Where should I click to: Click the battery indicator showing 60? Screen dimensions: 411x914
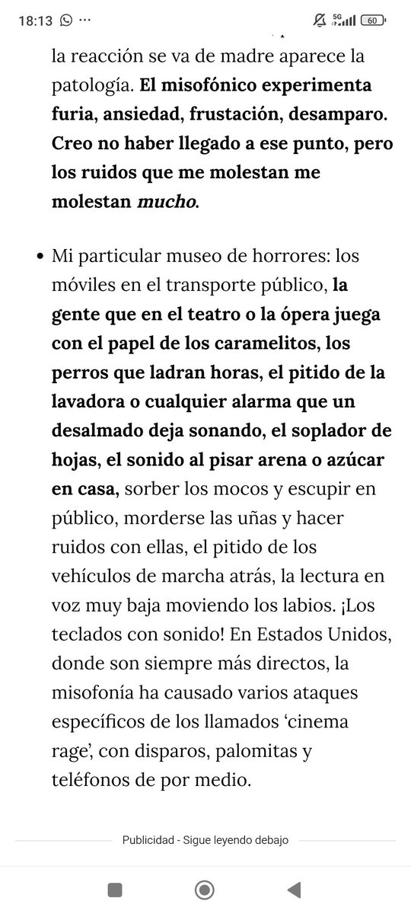[x=372, y=21]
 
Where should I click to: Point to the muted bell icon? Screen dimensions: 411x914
[x=320, y=21]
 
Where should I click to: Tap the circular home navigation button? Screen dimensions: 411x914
[x=204, y=888]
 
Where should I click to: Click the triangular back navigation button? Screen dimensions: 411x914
[x=293, y=888]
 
